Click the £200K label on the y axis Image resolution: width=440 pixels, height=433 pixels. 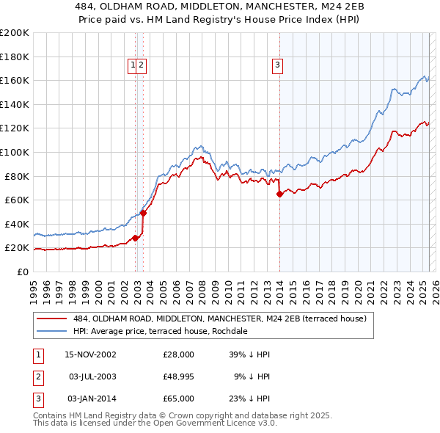coord(15,32)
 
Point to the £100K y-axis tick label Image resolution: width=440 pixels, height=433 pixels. coord(15,152)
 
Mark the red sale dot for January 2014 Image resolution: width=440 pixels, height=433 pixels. coord(279,194)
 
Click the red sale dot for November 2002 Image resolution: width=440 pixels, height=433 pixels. coord(136,239)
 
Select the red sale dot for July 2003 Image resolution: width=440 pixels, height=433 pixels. coord(144,213)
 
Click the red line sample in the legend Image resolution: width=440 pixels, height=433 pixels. coord(52,319)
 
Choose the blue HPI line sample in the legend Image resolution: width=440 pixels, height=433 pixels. coord(52,331)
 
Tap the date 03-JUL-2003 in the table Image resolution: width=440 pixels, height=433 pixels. coord(91,376)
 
